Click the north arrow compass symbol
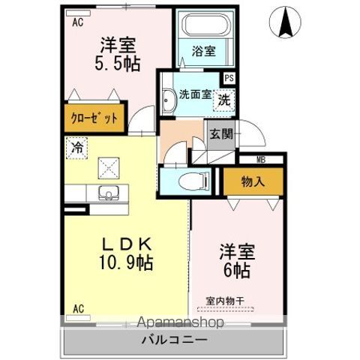[286, 22]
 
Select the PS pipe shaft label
[229, 76]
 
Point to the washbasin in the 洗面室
[168, 98]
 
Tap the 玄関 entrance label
[220, 134]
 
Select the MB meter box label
[261, 160]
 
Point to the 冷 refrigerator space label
[76, 147]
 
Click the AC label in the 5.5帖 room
[77, 22]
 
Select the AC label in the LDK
[77, 308]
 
